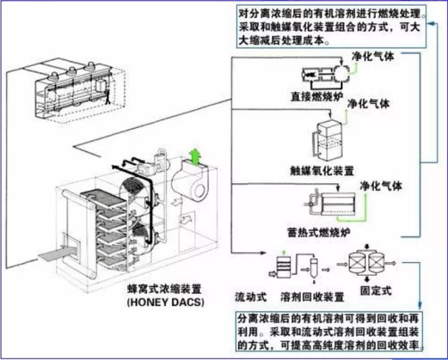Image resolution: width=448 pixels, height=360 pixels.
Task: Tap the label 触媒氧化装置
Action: [x=322, y=169]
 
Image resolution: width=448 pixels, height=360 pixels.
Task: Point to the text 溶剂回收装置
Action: [x=312, y=295]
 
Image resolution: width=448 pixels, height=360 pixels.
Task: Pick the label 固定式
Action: [x=377, y=291]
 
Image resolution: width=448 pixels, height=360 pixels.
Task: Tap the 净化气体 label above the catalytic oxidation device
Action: [x=368, y=104]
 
